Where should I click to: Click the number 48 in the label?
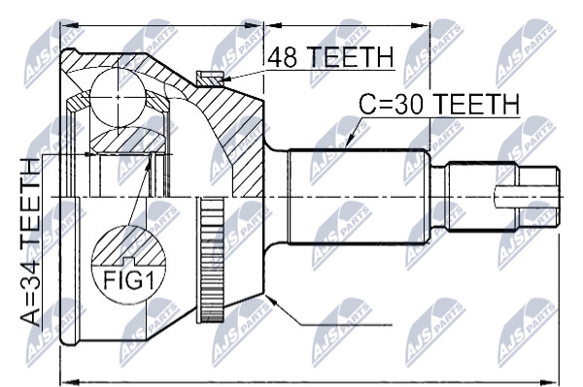tap(284, 57)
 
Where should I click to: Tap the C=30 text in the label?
tap(392, 104)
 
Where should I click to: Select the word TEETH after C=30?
tap(475, 104)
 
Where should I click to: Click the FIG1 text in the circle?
tap(128, 280)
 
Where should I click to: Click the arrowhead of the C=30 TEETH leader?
tap(349, 143)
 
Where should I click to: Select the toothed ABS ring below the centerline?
tap(211, 260)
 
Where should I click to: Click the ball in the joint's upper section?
tap(118, 97)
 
